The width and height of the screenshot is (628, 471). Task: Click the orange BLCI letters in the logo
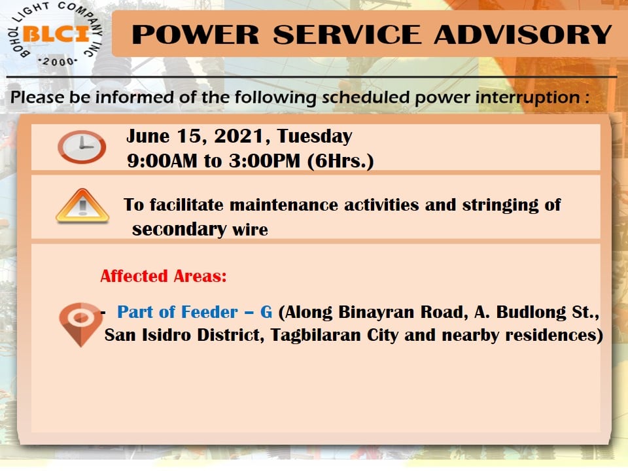click(56, 33)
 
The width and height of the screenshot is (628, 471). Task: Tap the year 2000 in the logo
click(58, 61)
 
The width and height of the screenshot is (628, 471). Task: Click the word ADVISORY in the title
click(523, 35)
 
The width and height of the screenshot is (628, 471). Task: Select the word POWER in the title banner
click(196, 35)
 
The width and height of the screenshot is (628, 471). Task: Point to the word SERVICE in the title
click(347, 35)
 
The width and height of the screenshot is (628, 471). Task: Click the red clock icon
click(82, 147)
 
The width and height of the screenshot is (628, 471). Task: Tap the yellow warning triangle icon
click(82, 205)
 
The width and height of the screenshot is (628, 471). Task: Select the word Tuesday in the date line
click(315, 136)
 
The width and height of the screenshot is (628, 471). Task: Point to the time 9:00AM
click(162, 161)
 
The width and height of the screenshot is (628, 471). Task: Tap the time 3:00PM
click(264, 161)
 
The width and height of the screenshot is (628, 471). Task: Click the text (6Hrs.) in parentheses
click(340, 162)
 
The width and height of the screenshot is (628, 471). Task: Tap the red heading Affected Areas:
click(164, 276)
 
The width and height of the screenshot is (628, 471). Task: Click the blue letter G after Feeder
click(266, 312)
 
